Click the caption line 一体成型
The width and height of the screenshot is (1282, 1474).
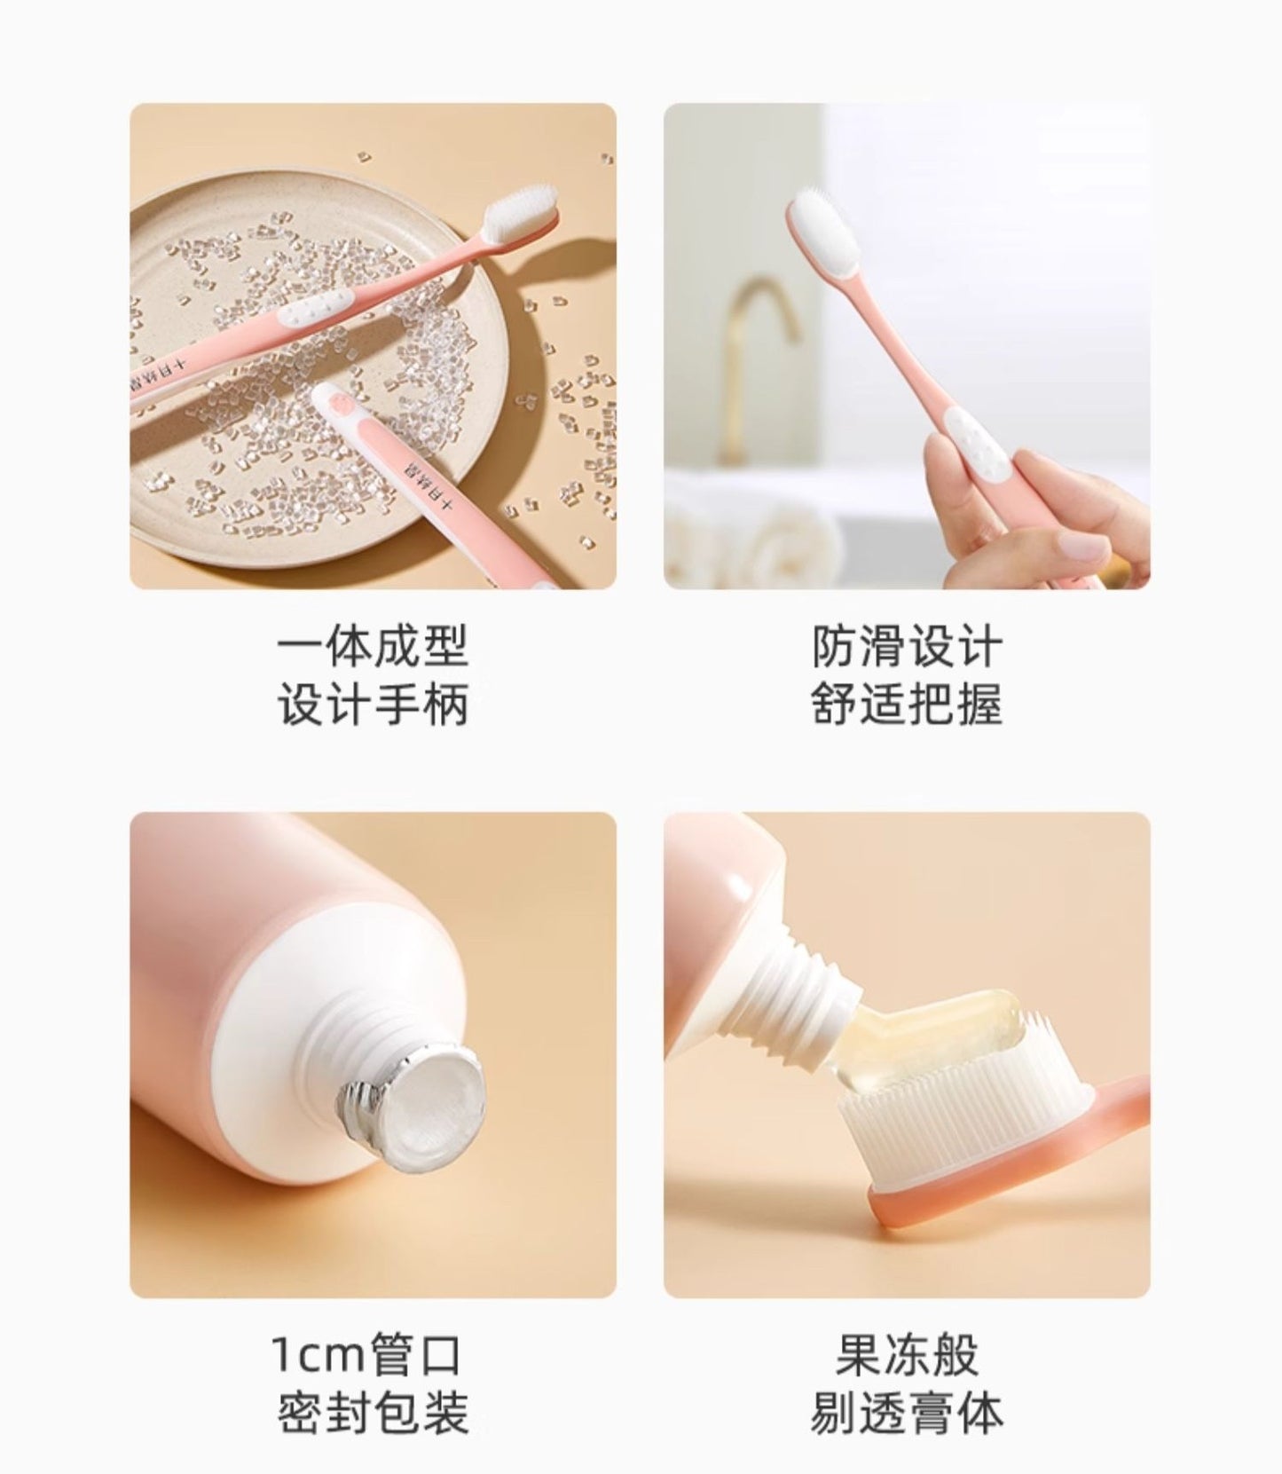373,647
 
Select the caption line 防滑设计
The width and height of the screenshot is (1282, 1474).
906,647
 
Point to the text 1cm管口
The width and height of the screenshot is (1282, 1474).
367,1355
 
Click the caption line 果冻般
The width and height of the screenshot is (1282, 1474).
906,1355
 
